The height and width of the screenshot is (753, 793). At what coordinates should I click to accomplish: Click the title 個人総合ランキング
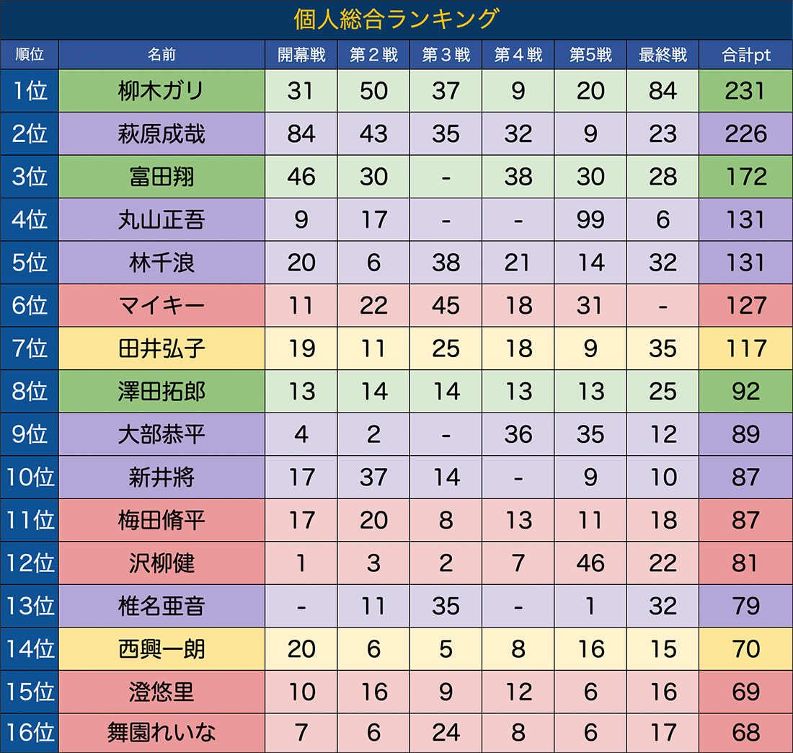click(x=396, y=19)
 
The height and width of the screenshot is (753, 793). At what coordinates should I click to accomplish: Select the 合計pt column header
click(x=745, y=55)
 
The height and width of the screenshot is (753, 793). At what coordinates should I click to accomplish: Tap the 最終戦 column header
click(x=663, y=55)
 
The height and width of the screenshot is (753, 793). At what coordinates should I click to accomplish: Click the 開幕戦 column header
click(x=301, y=55)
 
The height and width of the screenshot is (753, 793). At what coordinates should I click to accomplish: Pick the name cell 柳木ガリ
click(x=161, y=91)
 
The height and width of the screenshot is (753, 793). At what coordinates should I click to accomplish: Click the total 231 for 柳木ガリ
click(x=745, y=91)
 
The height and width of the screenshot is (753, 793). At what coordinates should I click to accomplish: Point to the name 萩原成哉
click(x=161, y=134)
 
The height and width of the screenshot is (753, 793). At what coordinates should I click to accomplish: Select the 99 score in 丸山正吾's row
click(x=590, y=220)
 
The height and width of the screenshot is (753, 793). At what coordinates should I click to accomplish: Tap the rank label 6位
click(x=30, y=306)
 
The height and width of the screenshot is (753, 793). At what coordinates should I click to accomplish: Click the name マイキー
click(x=161, y=306)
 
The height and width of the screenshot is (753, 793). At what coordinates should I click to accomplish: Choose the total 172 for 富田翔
click(x=745, y=177)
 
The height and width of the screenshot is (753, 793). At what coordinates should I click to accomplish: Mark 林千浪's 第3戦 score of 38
click(x=446, y=263)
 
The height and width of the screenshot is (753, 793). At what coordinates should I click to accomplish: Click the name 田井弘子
click(x=161, y=349)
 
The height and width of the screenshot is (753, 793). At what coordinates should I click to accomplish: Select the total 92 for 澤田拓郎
click(x=745, y=392)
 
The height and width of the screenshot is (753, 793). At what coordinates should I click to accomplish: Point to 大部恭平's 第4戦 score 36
click(x=518, y=435)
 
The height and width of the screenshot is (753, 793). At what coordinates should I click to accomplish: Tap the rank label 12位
click(x=30, y=563)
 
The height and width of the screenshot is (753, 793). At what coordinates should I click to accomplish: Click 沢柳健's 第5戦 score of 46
click(x=590, y=563)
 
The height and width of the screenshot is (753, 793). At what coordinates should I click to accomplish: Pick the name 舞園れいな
click(x=161, y=734)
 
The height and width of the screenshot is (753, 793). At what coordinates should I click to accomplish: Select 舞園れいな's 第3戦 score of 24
click(x=446, y=734)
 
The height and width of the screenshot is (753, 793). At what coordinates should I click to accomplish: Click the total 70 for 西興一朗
click(x=745, y=649)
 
